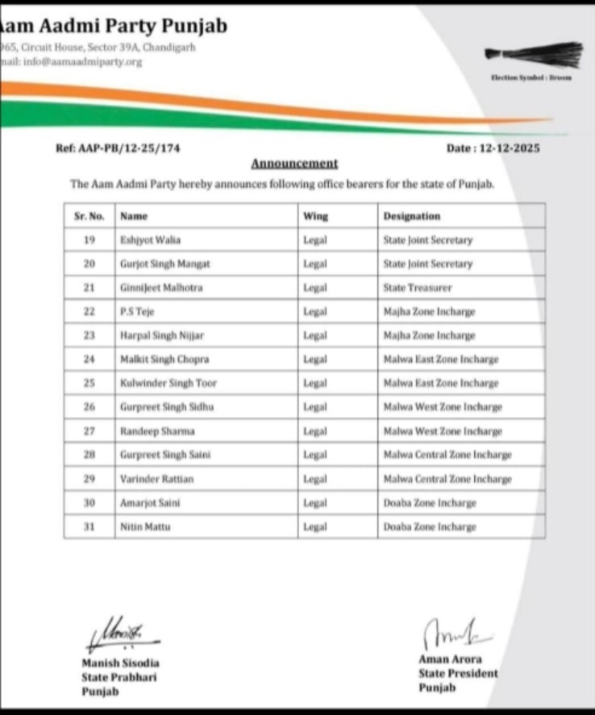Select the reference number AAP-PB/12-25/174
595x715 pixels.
[118, 148]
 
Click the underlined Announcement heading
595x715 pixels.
[294, 164]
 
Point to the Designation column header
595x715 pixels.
[411, 216]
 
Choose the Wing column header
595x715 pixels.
[315, 216]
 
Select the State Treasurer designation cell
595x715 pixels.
[417, 287]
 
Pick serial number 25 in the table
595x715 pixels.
[89, 383]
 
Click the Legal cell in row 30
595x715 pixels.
[314, 503]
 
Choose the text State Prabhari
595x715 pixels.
[119, 677]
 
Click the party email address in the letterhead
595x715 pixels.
[77, 62]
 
